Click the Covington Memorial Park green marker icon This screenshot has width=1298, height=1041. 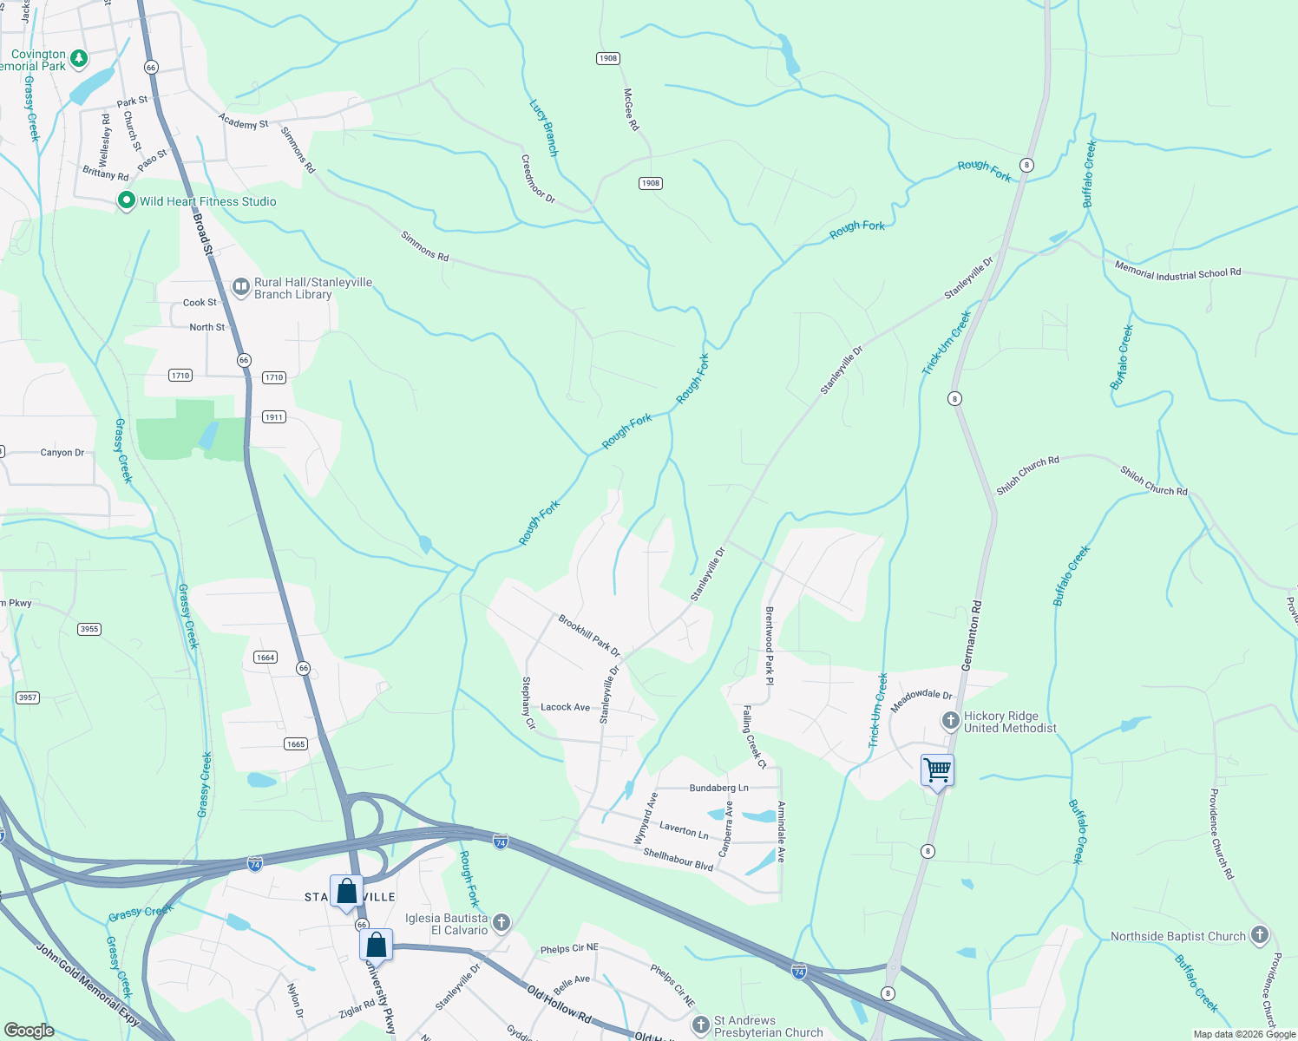[79, 59]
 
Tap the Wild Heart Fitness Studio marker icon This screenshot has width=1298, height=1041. [127, 200]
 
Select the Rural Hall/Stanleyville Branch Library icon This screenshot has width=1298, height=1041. [241, 286]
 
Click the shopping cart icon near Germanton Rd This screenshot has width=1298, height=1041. [938, 769]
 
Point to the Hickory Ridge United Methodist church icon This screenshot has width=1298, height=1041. [951, 721]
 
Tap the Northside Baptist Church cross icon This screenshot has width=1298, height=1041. [1260, 935]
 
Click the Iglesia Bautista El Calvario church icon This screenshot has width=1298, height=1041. [501, 922]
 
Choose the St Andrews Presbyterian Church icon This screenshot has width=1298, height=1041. [701, 1025]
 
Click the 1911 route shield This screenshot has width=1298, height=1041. [274, 417]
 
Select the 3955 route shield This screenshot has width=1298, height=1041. [89, 629]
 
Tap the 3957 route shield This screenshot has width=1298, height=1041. [28, 697]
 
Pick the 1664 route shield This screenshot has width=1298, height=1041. [265, 658]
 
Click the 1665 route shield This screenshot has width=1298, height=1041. [296, 743]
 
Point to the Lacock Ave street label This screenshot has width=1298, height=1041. [565, 707]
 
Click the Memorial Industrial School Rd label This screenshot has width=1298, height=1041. [1177, 273]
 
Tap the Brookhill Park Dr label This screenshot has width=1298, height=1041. [589, 636]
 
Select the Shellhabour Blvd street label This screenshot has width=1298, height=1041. [678, 859]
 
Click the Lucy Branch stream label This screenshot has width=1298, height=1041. [544, 128]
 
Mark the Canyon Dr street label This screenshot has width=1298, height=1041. [62, 453]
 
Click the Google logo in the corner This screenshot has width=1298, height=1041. [29, 1030]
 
